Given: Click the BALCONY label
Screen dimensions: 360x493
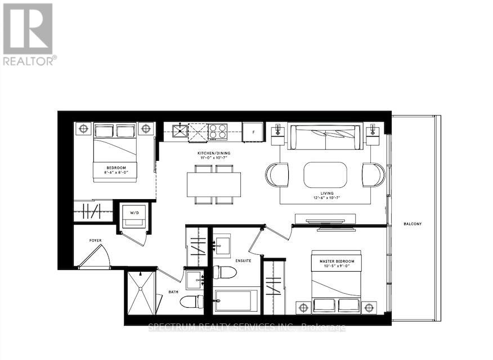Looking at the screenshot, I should coord(412,224).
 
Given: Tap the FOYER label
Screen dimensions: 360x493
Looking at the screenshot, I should coord(96,241).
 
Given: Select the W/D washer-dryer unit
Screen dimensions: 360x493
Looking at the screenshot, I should coord(135,215).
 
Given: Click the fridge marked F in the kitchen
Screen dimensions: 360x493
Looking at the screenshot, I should coord(253,132).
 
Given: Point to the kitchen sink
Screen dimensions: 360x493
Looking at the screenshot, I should coord(178,132).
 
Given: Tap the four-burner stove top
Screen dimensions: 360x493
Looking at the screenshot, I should coord(217,132).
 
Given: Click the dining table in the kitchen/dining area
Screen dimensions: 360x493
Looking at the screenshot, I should coord(214,184).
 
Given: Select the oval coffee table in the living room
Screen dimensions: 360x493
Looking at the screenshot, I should coord(325,174).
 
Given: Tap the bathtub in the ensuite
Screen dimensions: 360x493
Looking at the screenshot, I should coord(236,301).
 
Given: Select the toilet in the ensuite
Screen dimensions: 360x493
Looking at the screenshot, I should coord(225,273).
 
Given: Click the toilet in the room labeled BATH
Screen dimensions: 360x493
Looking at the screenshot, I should coord(191,301).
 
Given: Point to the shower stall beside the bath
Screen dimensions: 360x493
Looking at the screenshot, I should coord(140,293).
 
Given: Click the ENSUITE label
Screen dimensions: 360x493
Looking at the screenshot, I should coord(244,260).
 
